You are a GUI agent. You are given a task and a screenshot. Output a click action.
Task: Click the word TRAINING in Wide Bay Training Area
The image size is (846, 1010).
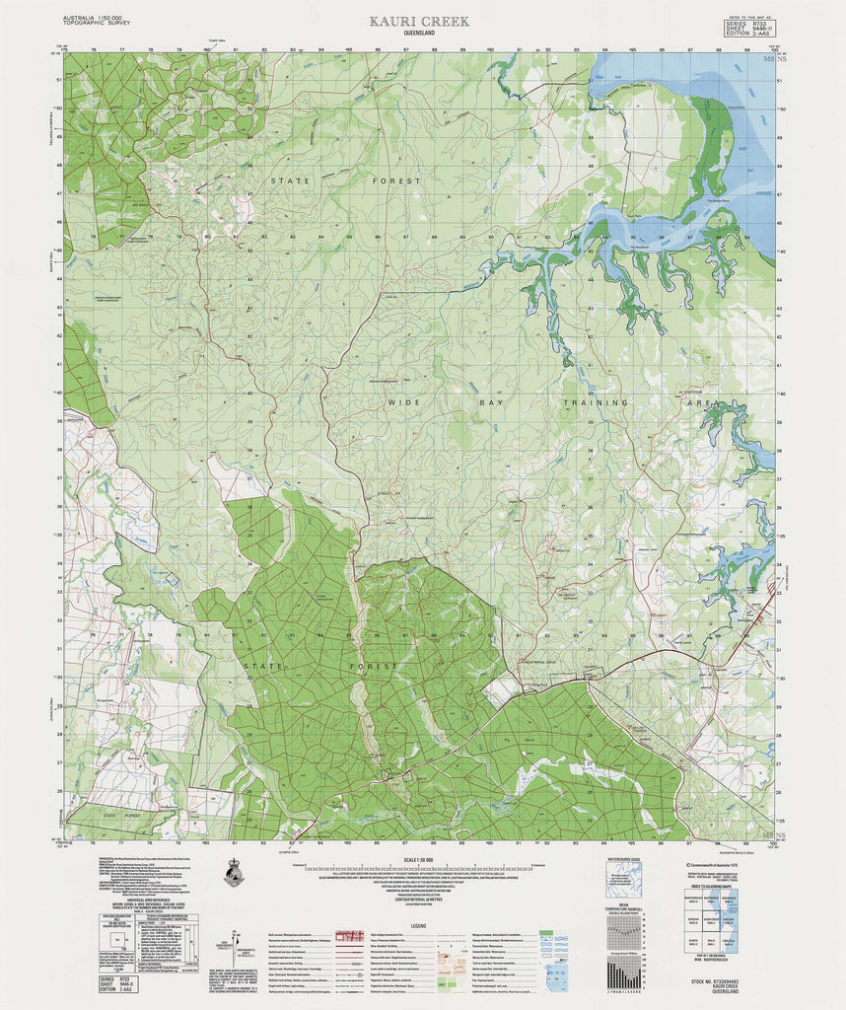[595, 403]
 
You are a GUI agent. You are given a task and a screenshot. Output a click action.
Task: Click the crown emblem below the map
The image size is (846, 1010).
[233, 873]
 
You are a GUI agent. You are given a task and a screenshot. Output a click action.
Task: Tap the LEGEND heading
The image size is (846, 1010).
[419, 926]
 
